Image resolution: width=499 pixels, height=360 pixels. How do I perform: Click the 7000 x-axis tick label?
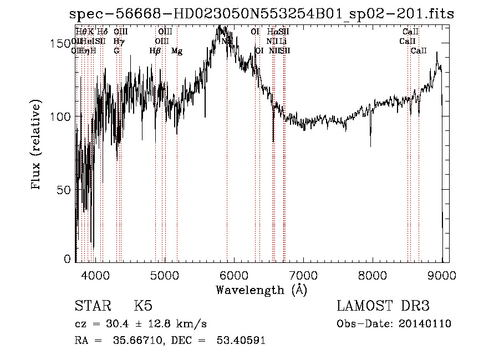pos(303,276)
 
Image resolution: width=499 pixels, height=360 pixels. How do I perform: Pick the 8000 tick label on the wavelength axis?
pos(373,276)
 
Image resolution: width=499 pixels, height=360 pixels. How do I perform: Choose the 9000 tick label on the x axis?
pos(442,276)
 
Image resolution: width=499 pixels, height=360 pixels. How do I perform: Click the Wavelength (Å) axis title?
pos(261,290)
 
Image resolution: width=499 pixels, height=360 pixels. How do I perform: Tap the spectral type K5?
pos(143,306)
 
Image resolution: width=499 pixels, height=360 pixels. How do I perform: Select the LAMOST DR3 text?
pos(383,306)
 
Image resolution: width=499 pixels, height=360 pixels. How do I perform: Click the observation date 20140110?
pos(425,324)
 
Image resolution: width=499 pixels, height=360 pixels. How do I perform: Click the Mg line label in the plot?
pos(177,51)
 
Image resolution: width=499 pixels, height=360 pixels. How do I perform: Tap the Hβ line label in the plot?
pos(155,51)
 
